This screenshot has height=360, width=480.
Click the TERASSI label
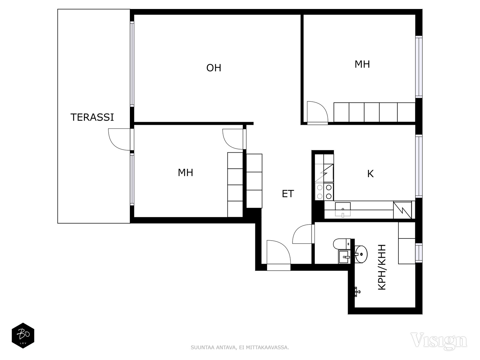(92, 117)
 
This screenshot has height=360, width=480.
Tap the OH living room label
(214, 68)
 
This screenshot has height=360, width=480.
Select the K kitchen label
(370, 174)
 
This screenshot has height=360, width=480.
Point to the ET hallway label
(288, 194)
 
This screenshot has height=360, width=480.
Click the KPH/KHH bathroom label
(382, 267)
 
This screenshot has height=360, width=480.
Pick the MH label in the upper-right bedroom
(362, 64)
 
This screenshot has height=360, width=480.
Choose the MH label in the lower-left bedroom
(185, 173)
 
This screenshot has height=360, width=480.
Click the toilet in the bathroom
(342, 244)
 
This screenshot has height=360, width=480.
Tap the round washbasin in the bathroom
(361, 254)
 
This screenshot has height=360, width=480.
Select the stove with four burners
(324, 192)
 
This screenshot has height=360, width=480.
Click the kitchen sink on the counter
(343, 209)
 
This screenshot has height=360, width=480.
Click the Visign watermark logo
(439, 340)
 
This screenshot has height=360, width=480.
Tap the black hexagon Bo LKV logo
(23, 335)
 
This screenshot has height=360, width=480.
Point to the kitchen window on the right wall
(418, 166)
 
